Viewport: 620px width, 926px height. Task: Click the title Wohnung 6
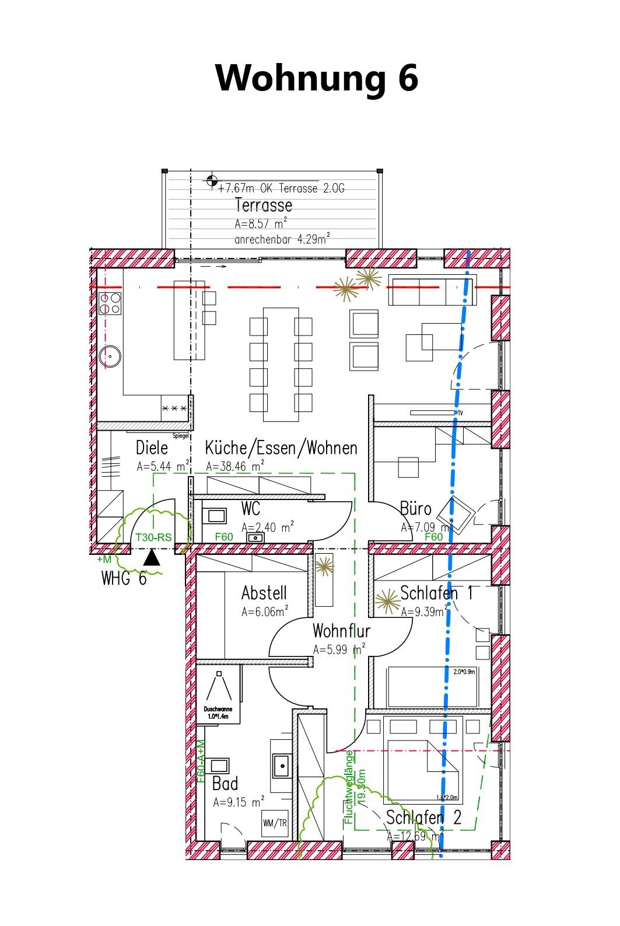pyautogui.click(x=317, y=77)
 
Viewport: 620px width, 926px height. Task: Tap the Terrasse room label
pyautogui.click(x=263, y=205)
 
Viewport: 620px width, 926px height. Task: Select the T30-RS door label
pyautogui.click(x=153, y=537)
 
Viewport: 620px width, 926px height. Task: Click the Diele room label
pyautogui.click(x=152, y=448)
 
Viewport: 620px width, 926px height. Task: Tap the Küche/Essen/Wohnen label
pyautogui.click(x=281, y=448)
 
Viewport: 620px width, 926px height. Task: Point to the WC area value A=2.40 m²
pyautogui.click(x=267, y=527)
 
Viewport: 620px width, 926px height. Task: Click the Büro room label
pyautogui.click(x=415, y=508)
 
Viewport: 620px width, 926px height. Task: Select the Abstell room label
pyautogui.click(x=264, y=593)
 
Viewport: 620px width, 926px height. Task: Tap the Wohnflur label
pyautogui.click(x=341, y=631)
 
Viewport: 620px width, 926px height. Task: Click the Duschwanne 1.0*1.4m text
pyautogui.click(x=218, y=712)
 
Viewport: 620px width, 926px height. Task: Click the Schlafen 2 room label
pyautogui.click(x=423, y=817)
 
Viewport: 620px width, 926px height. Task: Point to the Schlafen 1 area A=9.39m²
pyautogui.click(x=424, y=611)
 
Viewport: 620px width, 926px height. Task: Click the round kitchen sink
pyautogui.click(x=109, y=355)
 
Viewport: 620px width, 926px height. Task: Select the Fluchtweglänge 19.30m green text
pyautogui.click(x=354, y=787)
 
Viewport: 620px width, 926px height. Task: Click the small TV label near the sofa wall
pyautogui.click(x=460, y=413)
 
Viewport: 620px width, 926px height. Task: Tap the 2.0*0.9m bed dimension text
pyautogui.click(x=464, y=672)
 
